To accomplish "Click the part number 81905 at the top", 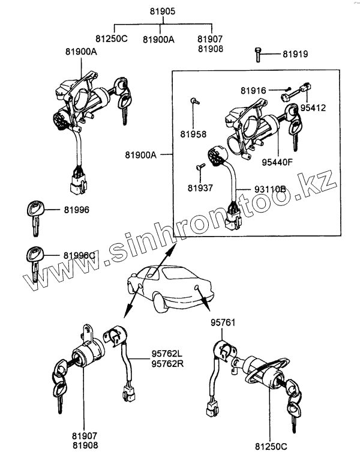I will [160, 11].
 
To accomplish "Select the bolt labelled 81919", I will [257, 54].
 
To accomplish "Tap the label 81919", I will [295, 55].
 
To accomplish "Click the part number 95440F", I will [277, 161].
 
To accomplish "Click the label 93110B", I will [269, 190].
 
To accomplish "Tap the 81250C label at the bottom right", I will [271, 447].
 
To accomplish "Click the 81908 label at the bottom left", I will [85, 444].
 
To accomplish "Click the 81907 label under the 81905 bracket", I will [209, 38].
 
